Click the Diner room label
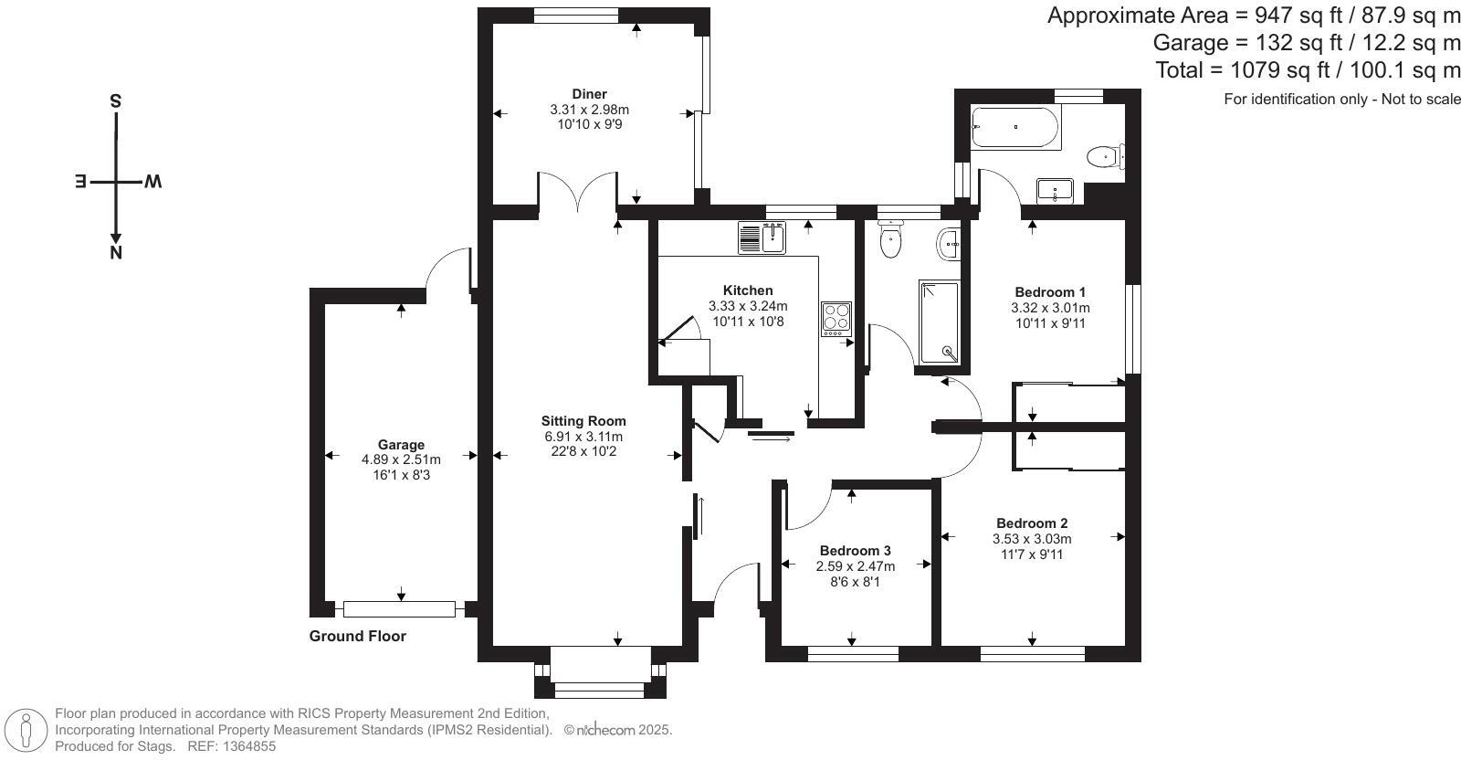pos(590,94)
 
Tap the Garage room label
pos(401,445)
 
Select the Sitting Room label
pos(583,421)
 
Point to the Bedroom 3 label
pos(855,551)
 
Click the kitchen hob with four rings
pos(836,319)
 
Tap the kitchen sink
pos(762,237)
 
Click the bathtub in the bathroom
pos(1015,127)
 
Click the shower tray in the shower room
pos(940,322)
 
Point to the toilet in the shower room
pos(890,238)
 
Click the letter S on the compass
pos(115,101)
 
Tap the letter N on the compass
pos(116,253)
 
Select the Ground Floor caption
pos(357,636)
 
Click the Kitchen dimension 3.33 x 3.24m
pos(748,306)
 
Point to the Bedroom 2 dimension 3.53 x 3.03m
pos(1032,539)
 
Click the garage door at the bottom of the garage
pos(399,609)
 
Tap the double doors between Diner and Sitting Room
pos(577,191)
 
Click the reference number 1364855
pos(248,746)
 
